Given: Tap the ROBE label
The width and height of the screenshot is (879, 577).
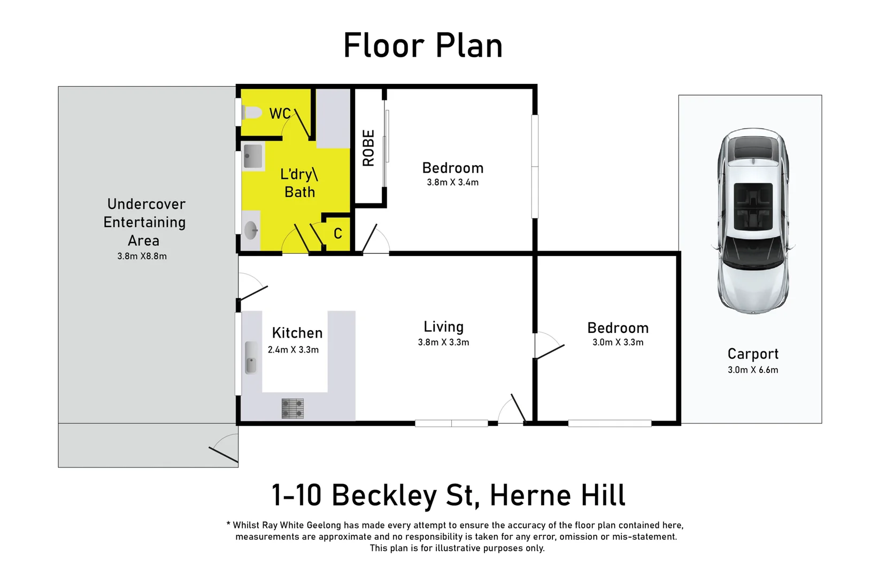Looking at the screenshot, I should point(368,148).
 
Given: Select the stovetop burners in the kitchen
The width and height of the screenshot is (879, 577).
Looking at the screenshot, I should point(292,408).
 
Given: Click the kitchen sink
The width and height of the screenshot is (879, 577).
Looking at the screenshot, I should point(250,357).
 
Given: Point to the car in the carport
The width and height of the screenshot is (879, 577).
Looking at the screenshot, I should point(753,221).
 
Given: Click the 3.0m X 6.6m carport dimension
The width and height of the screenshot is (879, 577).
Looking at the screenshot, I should point(752,370).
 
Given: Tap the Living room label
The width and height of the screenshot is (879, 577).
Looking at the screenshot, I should point(443,326).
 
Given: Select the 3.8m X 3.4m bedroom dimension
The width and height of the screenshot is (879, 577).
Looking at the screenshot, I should point(452,182).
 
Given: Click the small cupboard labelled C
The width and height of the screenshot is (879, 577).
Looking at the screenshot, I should point(338,233).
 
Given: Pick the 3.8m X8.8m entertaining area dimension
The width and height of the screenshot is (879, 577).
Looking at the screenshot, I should point(142,256).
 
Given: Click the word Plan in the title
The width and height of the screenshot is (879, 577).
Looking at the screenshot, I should point(469,45).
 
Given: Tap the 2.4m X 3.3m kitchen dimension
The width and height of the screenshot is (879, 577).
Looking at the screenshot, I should point(293,350).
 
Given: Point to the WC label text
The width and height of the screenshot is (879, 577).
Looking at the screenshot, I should point(280,113).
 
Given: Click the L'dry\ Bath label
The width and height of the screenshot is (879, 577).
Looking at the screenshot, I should point(299,183).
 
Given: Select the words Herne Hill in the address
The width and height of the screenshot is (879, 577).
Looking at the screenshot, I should point(557,495).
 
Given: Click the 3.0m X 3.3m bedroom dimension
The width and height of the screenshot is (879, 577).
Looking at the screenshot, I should point(618,342).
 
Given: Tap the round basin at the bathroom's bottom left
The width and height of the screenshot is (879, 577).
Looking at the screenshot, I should point(250,231).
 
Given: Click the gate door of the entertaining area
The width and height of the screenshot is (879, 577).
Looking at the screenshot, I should point(223,455).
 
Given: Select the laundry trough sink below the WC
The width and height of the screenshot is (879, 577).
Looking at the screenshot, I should point(253,156).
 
